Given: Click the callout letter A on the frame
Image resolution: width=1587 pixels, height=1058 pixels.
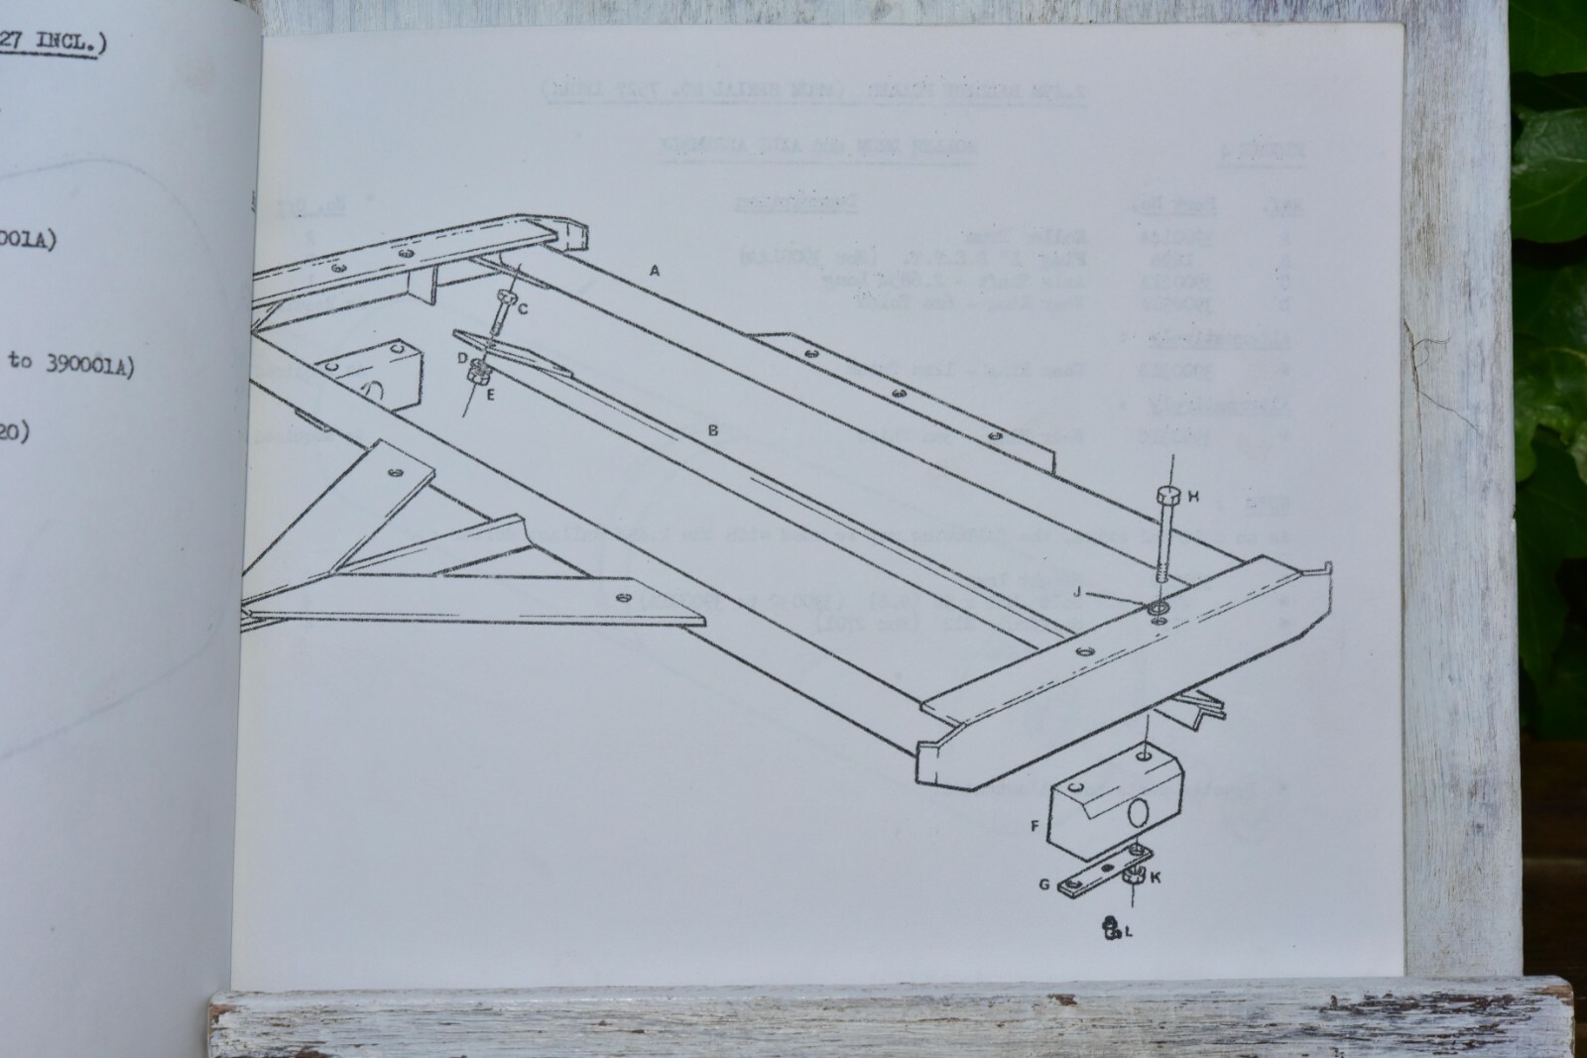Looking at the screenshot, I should tap(654, 270).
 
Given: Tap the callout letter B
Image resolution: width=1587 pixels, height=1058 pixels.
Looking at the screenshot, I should tap(712, 430).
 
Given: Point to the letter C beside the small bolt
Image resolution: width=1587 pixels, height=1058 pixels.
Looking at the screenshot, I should tap(524, 308).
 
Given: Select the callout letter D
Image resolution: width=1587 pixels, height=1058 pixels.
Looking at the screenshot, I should tap(462, 357).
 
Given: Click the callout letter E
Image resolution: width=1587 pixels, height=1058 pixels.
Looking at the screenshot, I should tap(490, 394).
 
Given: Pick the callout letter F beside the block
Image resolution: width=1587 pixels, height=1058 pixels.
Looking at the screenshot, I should tap(1036, 824).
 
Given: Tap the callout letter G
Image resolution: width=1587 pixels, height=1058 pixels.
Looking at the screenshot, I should tap(1043, 883).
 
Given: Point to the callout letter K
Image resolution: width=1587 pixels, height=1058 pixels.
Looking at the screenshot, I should tap(1156, 877).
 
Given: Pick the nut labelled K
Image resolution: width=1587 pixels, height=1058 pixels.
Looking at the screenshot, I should tap(1132, 875).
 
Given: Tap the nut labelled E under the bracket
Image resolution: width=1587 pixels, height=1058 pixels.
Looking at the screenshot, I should tap(475, 374).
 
